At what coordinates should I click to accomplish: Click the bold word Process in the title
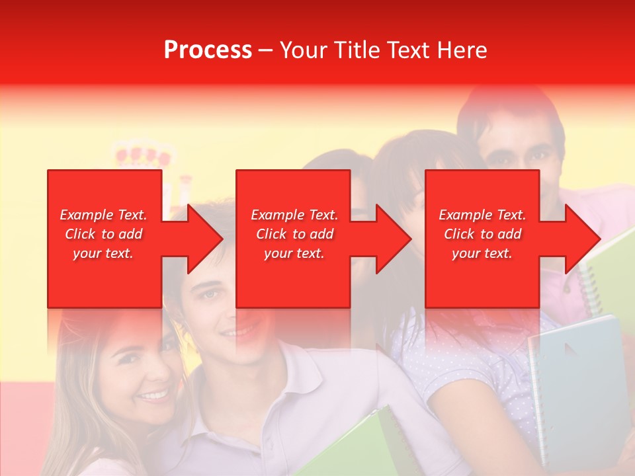coord(208,50)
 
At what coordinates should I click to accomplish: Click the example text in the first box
coord(103,234)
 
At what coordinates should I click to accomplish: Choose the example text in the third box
coord(482,234)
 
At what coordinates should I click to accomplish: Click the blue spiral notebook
coord(575,383)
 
